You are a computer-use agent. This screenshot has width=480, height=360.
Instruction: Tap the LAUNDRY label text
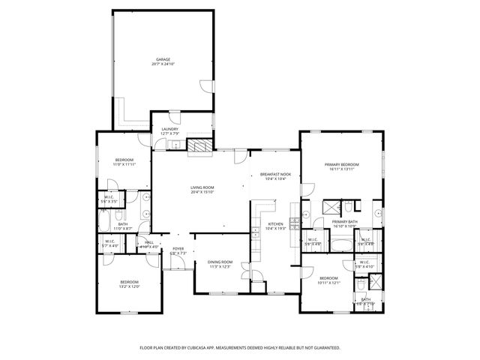pos(169,129)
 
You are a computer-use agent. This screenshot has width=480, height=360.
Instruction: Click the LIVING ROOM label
pos(202,187)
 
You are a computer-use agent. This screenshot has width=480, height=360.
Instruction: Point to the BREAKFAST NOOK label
pos(274,174)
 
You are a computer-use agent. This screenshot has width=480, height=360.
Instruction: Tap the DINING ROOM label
pos(220,262)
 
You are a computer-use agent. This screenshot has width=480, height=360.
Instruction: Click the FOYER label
pos(178,248)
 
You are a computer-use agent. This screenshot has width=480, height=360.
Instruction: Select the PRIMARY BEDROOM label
pos(341,164)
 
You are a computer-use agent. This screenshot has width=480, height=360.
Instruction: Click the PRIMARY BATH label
pos(346,221)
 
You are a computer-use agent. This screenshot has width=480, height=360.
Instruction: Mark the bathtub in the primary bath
pos(341,243)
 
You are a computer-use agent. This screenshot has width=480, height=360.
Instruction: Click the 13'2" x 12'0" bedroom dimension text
pos(129,286)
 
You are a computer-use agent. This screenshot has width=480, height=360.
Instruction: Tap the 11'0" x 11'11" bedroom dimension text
pos(124,163)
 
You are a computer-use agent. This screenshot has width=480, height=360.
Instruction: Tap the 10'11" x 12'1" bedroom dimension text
pos(330,283)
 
